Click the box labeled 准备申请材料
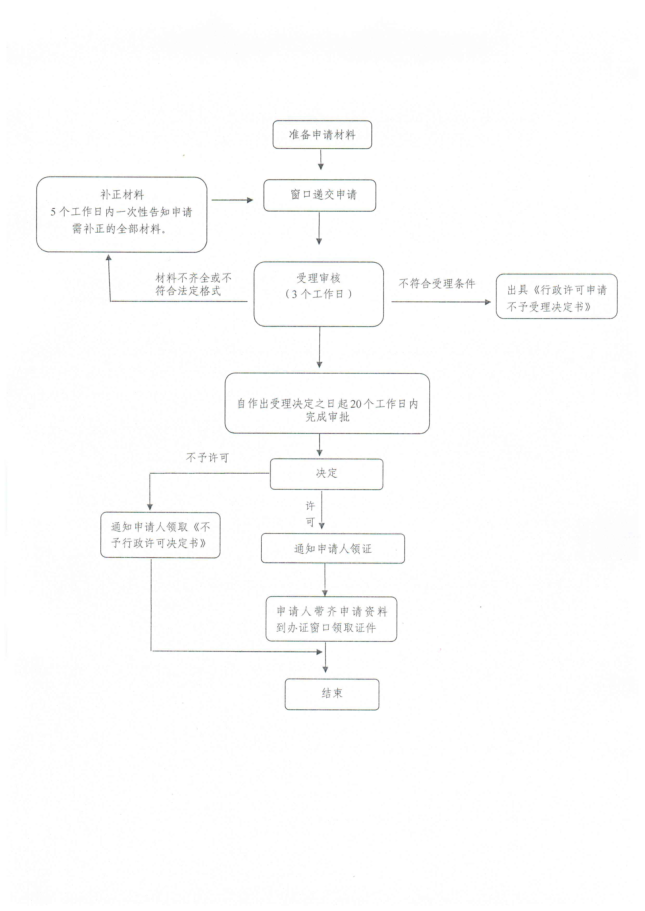pyautogui.click(x=322, y=135)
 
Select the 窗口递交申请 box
pyautogui.click(x=320, y=195)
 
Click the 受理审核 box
pyautogui.click(x=319, y=294)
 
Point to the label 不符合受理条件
pyautogui.click(x=437, y=283)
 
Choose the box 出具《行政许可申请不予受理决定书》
pyautogui.click(x=556, y=296)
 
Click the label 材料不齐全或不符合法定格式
pyautogui.click(x=193, y=284)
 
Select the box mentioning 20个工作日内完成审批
pyautogui.click(x=327, y=403)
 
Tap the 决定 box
pyautogui.click(x=326, y=474)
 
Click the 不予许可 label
pyautogui.click(x=207, y=458)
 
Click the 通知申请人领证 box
pyautogui.click(x=333, y=548)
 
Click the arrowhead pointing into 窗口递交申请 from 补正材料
pyautogui.click(x=250, y=200)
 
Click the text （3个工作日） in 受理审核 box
pyautogui.click(x=319, y=294)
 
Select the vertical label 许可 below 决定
pyautogui.click(x=310, y=514)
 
